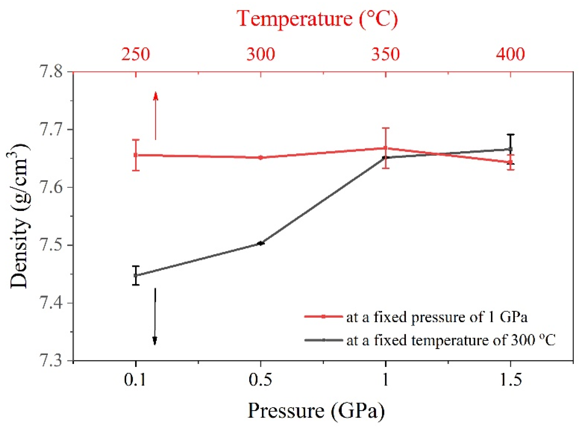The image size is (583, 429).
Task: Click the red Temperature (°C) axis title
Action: click(x=317, y=19)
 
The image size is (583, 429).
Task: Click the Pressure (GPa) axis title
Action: click(x=316, y=411)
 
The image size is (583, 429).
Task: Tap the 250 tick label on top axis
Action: click(x=136, y=54)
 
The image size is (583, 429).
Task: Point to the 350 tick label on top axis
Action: click(x=385, y=54)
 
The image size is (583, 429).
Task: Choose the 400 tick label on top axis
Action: click(x=510, y=54)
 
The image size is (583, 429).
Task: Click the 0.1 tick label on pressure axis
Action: click(x=135, y=380)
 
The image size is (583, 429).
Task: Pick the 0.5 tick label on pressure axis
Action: click(x=260, y=380)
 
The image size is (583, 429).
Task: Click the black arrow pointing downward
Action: click(x=155, y=317)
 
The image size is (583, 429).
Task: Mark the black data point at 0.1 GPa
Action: click(x=136, y=275)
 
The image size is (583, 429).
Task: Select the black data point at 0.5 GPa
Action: click(x=260, y=243)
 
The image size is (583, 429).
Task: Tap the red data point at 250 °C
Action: click(x=136, y=155)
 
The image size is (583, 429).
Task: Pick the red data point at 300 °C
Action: click(x=260, y=158)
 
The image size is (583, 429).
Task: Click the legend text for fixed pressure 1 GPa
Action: click(x=437, y=317)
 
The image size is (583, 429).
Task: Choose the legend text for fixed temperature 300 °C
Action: click(x=451, y=340)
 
